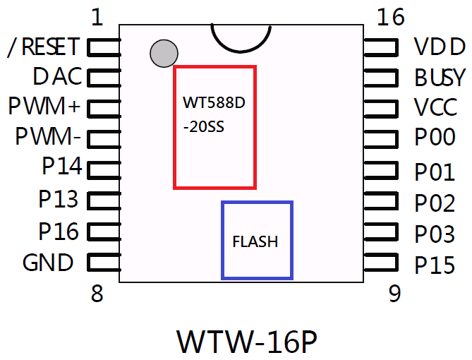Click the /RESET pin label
point(42,47)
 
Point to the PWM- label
point(49,136)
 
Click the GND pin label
point(48,263)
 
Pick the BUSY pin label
point(440,77)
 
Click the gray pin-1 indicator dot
point(164,54)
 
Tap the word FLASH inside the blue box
point(255,241)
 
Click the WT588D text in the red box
point(214,103)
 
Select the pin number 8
point(97,294)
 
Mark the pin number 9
point(395,294)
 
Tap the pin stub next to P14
point(103,169)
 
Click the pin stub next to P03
point(382,233)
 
